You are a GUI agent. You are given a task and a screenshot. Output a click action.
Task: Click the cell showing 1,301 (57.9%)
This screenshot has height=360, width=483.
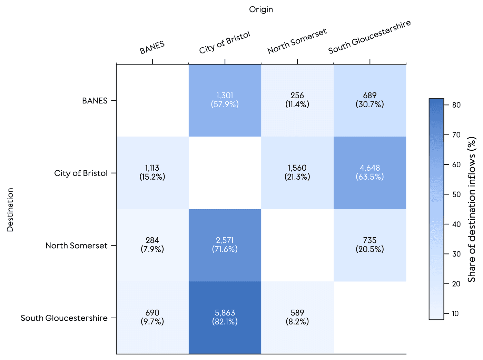click(x=225, y=100)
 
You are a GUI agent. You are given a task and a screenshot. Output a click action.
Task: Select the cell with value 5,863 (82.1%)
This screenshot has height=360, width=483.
click(x=225, y=317)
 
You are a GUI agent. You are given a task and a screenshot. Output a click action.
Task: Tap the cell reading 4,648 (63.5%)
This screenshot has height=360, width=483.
click(x=369, y=172)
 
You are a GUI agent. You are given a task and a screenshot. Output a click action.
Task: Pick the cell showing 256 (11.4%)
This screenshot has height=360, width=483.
click(x=297, y=100)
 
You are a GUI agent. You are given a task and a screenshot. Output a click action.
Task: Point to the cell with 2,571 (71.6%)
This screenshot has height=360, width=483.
click(x=225, y=245)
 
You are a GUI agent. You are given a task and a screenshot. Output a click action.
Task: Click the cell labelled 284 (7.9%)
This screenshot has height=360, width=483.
click(x=152, y=245)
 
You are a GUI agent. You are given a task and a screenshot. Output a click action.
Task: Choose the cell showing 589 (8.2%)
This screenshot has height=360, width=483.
click(x=297, y=317)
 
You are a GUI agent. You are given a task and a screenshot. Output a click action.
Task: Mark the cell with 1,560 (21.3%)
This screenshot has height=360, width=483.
click(x=297, y=172)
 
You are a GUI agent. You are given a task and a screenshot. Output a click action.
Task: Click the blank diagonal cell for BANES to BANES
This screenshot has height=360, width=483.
click(x=152, y=100)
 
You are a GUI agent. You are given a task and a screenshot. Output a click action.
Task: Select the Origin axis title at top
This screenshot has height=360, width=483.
click(x=261, y=10)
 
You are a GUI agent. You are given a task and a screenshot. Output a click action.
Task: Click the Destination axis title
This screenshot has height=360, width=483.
click(x=10, y=210)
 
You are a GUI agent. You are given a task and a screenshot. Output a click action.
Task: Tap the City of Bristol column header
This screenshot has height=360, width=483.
click(x=225, y=43)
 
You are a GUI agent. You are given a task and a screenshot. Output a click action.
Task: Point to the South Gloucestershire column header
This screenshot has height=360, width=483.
click(x=369, y=37)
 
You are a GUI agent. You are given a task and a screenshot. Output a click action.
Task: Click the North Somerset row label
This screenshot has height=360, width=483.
click(x=76, y=246)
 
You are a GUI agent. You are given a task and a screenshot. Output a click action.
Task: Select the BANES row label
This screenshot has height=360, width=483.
click(x=95, y=101)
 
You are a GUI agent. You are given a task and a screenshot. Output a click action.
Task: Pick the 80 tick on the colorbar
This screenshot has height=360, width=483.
click(x=456, y=105)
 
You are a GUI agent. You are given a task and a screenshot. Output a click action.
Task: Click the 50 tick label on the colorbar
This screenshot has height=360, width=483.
click(x=456, y=194)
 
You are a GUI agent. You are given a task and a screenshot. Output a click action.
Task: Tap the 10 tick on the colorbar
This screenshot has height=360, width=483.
click(x=455, y=313)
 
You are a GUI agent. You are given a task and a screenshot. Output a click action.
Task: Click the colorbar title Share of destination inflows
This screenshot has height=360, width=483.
click(x=472, y=209)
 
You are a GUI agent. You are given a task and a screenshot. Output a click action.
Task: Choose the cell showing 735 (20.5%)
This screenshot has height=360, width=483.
click(x=369, y=245)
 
